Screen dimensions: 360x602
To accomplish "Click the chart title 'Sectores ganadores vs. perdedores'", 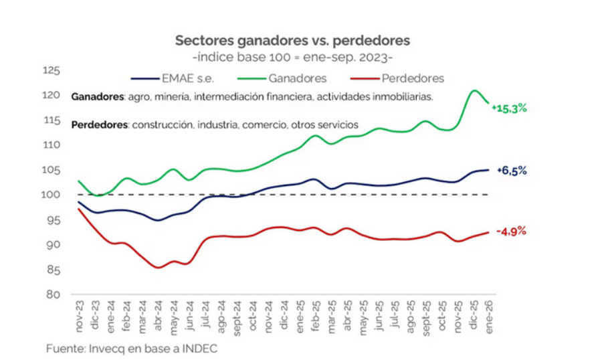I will pos(292,41).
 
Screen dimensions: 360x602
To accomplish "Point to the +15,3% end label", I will pos(509,107).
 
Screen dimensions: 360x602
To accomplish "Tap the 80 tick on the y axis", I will pos(54,294).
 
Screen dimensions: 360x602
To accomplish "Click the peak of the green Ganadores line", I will pos(474,90).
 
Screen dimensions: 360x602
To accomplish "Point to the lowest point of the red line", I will pos(159,267).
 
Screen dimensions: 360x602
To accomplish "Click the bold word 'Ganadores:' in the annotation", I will pos(98,97).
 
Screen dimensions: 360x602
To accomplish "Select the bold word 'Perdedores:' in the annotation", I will pos(100,125).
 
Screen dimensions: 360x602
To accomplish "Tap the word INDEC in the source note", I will pos(200,349).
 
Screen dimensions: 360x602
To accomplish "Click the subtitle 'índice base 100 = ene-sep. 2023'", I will pos(292,57).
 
